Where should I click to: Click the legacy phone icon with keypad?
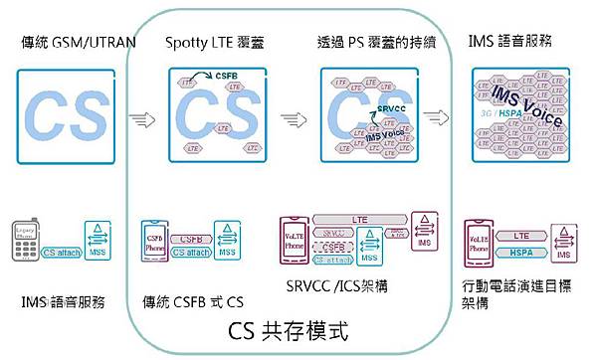(29, 244)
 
